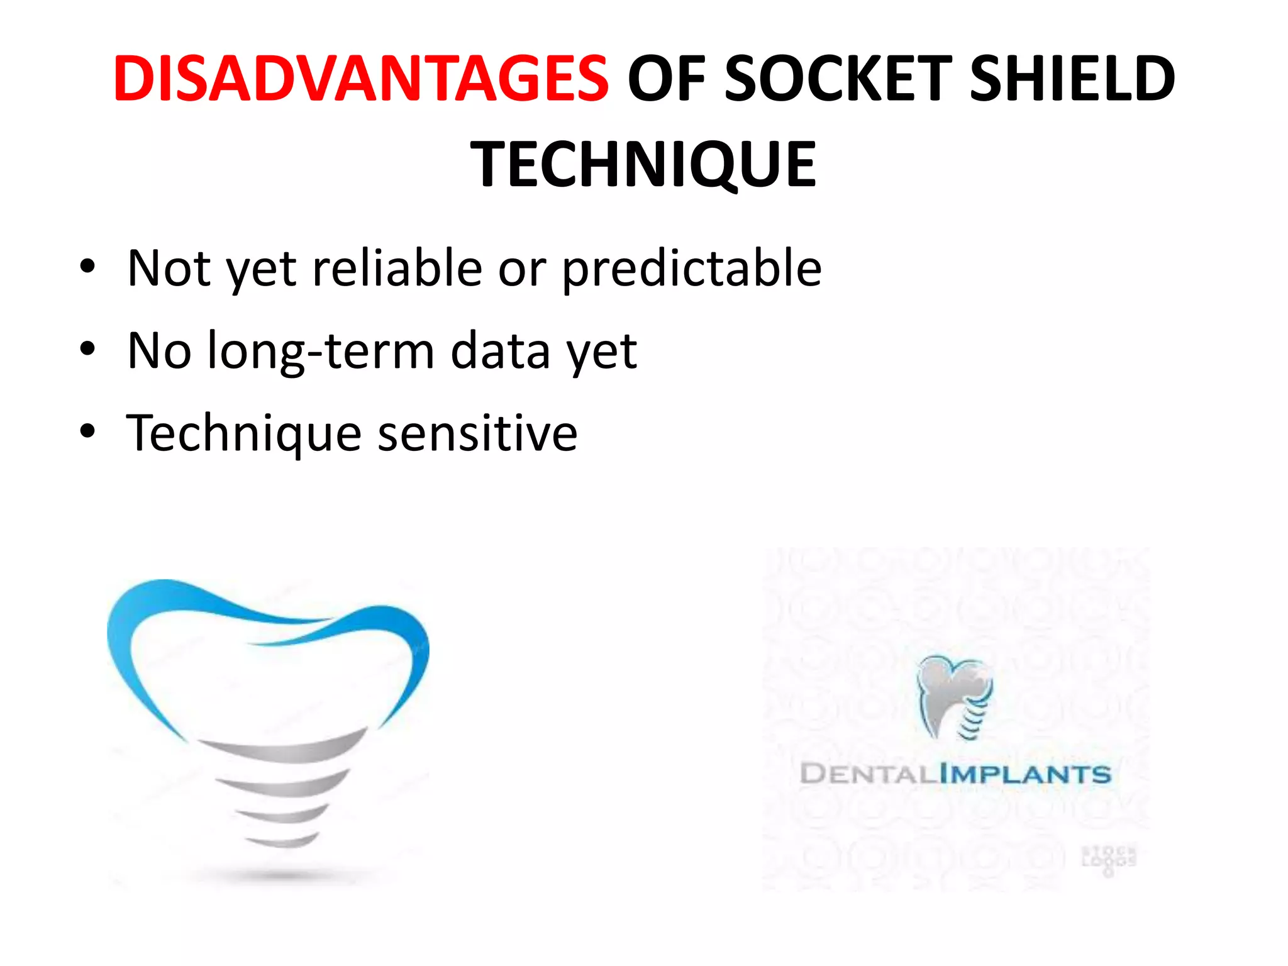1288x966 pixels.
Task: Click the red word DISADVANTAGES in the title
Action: pos(360,79)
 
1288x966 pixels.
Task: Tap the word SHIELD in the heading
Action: pos(1072,79)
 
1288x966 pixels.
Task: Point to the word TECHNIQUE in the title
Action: pos(643,165)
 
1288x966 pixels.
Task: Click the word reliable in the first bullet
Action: pos(397,268)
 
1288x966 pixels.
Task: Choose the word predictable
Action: pos(691,269)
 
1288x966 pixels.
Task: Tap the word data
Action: pos(500,351)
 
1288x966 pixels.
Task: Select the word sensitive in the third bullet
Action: pos(477,433)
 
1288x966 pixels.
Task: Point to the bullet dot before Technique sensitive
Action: pos(87,431)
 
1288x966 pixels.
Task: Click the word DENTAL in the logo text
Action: pos(869,774)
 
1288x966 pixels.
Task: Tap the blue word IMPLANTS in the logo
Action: pos(1025,774)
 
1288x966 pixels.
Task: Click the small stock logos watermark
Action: pos(1109,859)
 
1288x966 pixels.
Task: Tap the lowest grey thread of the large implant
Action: pos(283,840)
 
